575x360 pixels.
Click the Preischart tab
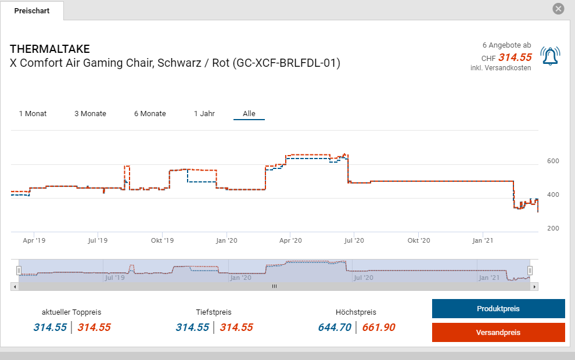click(x=32, y=11)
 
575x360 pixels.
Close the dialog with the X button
click(x=558, y=9)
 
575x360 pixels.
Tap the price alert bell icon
click(x=549, y=56)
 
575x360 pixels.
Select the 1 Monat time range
click(x=33, y=114)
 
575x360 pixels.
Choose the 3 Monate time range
click(x=90, y=114)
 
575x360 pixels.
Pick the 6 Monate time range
click(x=150, y=114)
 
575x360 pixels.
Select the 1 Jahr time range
click(x=204, y=114)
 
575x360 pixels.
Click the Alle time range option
click(x=249, y=114)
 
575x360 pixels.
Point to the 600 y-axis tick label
click(x=553, y=161)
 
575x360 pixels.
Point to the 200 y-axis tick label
click(x=553, y=228)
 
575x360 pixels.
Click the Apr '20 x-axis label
click(x=290, y=240)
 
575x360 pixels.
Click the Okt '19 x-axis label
click(x=162, y=240)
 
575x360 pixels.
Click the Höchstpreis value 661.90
click(x=379, y=327)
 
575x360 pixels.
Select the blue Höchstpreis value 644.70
click(x=335, y=327)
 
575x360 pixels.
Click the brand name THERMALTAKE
click(x=50, y=49)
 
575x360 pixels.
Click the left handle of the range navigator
click(x=19, y=271)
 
